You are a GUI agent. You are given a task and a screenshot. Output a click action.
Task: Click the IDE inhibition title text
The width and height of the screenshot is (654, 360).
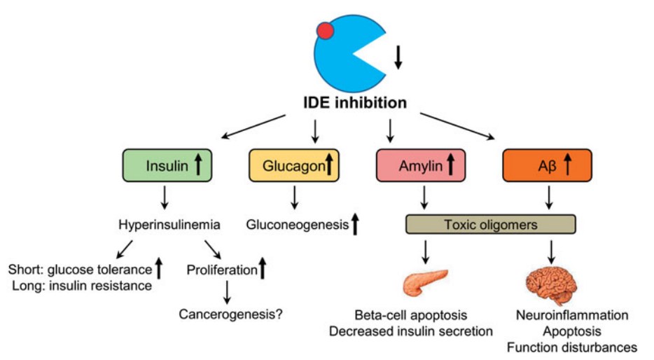point(356,102)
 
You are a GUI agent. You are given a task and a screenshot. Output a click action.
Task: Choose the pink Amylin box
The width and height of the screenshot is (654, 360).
point(421,166)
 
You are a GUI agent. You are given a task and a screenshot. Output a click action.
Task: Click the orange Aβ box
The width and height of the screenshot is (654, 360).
point(547,166)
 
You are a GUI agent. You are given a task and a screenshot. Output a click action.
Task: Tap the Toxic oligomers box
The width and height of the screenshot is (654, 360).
point(491,225)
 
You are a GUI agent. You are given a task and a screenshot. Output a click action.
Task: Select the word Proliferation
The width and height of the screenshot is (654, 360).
point(221,268)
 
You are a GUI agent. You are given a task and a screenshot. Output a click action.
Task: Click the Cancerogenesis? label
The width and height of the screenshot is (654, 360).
point(230,314)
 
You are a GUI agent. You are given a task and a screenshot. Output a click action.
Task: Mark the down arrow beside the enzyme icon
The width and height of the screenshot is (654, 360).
point(398,56)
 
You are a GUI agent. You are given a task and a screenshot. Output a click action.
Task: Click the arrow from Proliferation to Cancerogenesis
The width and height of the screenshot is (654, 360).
point(226,291)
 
